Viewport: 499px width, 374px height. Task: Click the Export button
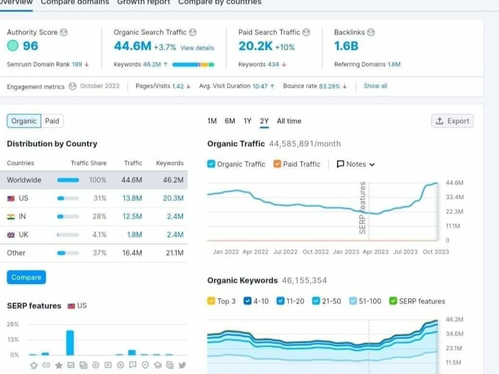[452, 121]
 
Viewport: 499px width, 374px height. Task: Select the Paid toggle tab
[52, 121]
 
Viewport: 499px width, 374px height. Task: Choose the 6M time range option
[230, 121]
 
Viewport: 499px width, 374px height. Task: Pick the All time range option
[289, 121]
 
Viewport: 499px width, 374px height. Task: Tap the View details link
[197, 48]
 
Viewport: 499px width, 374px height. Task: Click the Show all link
[376, 86]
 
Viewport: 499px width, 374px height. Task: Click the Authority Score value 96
[30, 46]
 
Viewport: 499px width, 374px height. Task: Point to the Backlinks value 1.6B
[346, 46]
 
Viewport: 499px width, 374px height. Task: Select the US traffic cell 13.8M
[132, 198]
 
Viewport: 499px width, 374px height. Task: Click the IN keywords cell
[175, 216]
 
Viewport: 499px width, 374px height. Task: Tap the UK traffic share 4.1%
[99, 235]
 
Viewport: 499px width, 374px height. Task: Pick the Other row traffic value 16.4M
[132, 253]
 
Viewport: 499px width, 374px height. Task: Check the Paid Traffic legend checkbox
[277, 164]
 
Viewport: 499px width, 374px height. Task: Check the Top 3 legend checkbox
[211, 301]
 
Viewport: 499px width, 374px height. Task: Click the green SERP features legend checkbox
[393, 301]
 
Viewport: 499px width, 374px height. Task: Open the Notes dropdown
[356, 164]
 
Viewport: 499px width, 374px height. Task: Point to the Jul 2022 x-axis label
[285, 252]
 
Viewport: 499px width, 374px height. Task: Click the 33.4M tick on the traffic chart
[455, 197]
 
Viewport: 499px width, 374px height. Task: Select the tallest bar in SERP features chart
[70, 343]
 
